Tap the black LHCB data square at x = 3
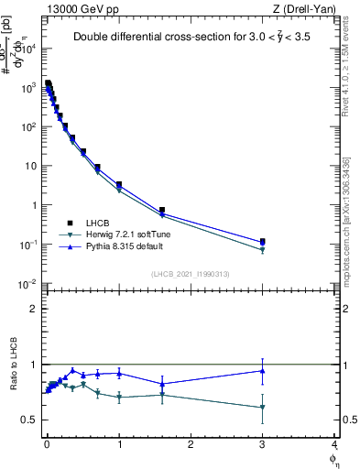[x=263, y=242]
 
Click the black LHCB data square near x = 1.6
[x=162, y=210]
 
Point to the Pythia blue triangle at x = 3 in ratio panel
[x=263, y=371]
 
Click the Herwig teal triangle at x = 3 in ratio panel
[x=263, y=408]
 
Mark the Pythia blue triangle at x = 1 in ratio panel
[x=119, y=373]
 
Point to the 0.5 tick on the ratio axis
[x=32, y=420]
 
